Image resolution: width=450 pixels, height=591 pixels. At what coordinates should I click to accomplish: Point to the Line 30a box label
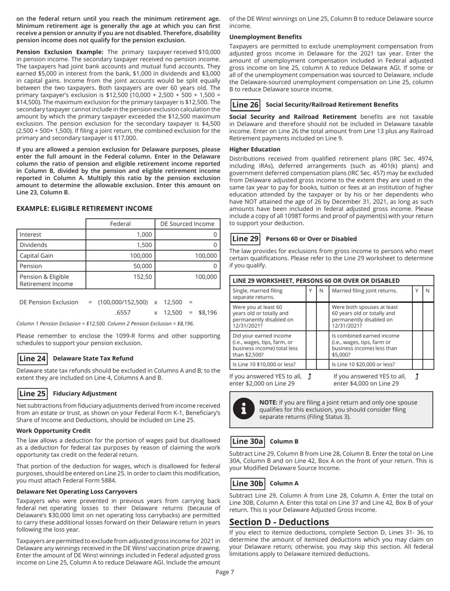246,442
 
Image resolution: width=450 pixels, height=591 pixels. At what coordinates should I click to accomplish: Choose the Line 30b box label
246,483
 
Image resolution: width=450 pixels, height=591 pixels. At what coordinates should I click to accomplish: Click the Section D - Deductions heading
279,522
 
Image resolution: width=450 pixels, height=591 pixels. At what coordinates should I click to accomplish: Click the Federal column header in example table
120,224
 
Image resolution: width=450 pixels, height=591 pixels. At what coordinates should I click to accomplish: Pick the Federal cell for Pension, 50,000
120,266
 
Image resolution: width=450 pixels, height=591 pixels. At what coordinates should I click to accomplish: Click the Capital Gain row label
36,255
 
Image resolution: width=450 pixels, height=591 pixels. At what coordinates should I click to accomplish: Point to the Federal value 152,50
142,276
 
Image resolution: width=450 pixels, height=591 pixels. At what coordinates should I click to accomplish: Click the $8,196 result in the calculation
207,313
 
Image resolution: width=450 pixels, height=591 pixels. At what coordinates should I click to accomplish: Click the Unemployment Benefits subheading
265,37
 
